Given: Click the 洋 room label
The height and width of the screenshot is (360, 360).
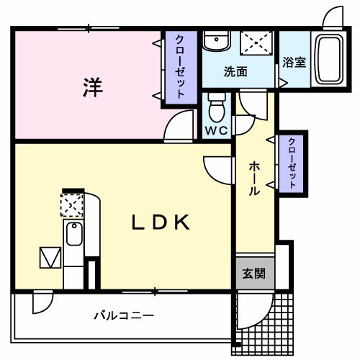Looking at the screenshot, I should [92, 88].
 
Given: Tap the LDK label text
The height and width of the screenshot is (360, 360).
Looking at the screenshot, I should [160, 223].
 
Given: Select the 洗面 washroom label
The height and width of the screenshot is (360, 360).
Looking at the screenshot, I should [235, 71].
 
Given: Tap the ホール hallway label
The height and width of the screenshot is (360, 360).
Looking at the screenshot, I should [255, 179].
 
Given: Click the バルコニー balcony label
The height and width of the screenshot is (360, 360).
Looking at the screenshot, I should [123, 315].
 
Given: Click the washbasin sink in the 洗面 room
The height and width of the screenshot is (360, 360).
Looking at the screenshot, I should [214, 42].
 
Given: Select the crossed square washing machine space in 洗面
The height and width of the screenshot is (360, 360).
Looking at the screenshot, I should [255, 42].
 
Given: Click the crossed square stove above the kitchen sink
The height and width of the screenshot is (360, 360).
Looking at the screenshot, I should [72, 207].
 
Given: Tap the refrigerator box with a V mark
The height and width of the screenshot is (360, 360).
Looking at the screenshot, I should [50, 257].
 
